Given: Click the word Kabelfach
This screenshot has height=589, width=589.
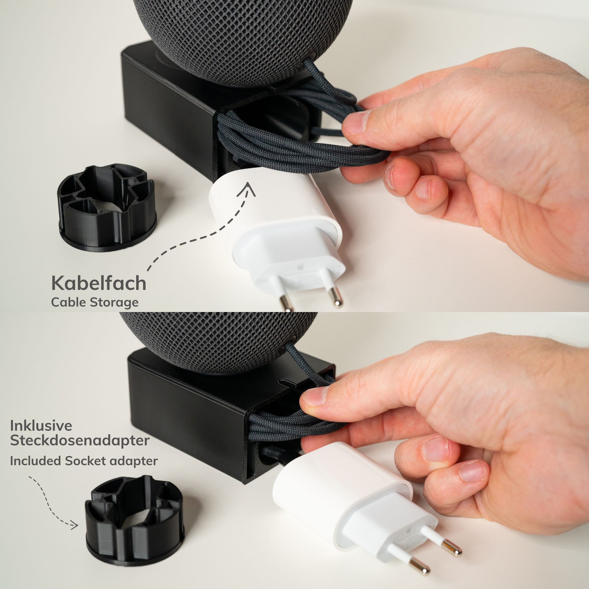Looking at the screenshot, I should [x=99, y=284].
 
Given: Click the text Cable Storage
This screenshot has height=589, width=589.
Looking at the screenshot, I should [x=95, y=303].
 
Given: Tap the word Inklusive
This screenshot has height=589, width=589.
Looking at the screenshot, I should [x=41, y=426].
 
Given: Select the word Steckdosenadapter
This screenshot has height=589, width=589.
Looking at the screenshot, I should [x=80, y=441].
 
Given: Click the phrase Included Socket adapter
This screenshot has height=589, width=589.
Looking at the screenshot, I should [x=84, y=461].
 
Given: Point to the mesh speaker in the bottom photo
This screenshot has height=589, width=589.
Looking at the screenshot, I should [x=213, y=341].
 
